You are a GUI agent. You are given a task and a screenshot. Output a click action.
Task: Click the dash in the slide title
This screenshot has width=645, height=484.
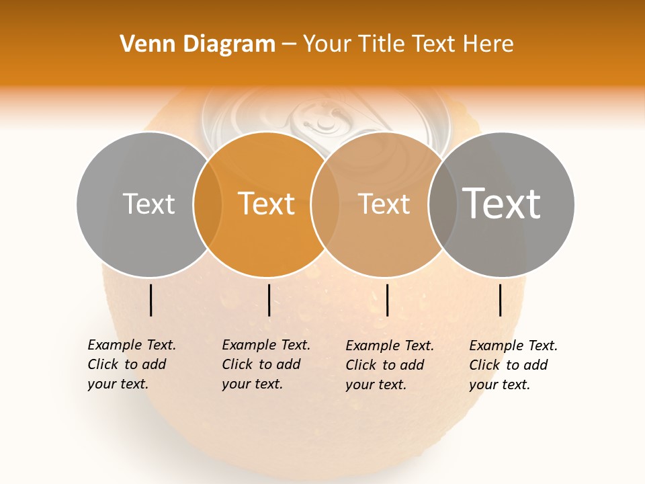point(289,44)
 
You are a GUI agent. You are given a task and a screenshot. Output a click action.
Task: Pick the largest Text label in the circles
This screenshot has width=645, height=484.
point(501,204)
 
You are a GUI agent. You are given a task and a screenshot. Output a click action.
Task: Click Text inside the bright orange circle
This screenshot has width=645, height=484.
point(267,204)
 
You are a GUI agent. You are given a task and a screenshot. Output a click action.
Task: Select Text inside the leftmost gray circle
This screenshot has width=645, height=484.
point(149,204)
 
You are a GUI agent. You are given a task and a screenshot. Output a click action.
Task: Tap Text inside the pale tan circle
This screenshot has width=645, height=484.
point(384,204)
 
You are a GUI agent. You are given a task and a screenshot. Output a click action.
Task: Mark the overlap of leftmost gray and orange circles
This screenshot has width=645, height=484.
point(208,204)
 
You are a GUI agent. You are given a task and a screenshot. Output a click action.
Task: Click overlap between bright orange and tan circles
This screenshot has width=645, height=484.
point(325,204)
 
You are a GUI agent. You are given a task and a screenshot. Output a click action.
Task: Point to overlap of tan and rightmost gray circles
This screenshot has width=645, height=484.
point(441,204)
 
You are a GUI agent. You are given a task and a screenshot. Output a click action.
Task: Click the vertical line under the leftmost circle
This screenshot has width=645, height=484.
point(150,300)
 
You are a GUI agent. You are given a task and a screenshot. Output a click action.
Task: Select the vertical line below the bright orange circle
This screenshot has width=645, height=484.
point(269,300)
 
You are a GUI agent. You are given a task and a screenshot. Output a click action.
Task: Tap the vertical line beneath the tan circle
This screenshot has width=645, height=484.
point(388,300)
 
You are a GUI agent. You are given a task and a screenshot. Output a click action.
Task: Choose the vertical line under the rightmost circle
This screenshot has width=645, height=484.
point(501,300)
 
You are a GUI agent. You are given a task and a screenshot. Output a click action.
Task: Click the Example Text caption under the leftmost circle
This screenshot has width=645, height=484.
point(131,364)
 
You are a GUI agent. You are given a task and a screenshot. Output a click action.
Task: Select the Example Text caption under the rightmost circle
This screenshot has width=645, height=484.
point(513,365)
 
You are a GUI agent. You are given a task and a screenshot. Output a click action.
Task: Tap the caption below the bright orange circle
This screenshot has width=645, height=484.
point(265,364)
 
